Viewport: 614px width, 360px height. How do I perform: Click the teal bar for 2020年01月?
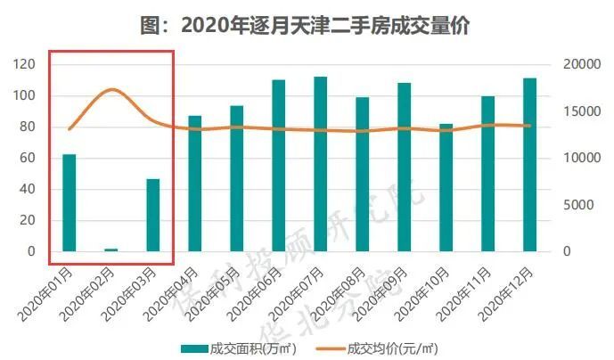[x=69, y=203]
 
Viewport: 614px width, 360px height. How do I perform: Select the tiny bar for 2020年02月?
[x=111, y=250]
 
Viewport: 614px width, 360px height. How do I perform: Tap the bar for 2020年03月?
[x=152, y=215]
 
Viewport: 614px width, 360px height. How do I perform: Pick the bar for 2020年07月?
[x=320, y=164]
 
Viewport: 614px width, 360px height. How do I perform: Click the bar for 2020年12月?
[x=529, y=165]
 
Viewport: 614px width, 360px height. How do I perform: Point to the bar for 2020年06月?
[x=278, y=166]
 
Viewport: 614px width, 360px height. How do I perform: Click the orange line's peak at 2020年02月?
[x=111, y=89]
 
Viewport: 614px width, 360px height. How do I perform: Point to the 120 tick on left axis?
[x=24, y=64]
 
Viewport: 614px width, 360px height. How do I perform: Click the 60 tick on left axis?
[x=27, y=158]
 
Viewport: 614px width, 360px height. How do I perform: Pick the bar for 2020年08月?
[x=362, y=175]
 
